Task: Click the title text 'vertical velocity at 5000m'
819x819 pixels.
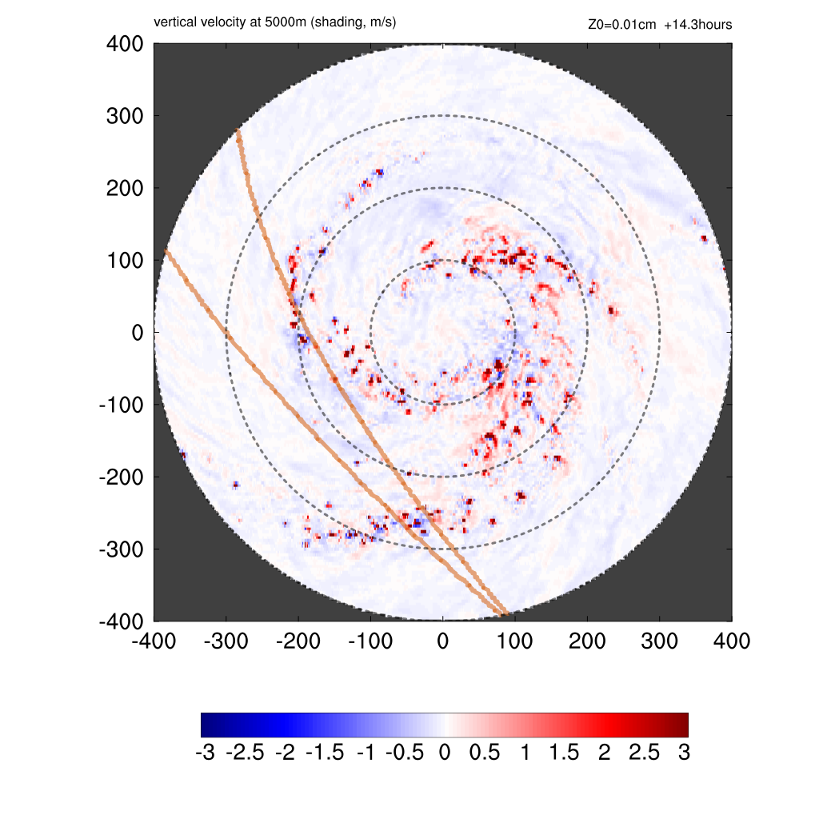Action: [x=232, y=23]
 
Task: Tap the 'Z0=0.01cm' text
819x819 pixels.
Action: [x=621, y=25]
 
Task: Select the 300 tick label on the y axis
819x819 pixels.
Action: [x=125, y=116]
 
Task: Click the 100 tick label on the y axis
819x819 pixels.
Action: [x=125, y=261]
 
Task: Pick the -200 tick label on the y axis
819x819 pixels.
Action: [x=121, y=477]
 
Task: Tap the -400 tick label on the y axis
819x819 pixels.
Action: [x=121, y=621]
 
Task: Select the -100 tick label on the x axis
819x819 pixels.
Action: [x=370, y=641]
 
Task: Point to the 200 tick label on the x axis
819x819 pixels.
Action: [x=588, y=641]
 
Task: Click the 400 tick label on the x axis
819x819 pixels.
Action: [x=732, y=641]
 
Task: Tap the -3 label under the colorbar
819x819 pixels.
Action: [x=206, y=753]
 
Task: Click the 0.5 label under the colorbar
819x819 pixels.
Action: [x=485, y=753]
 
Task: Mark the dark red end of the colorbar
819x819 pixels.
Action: [x=681, y=725]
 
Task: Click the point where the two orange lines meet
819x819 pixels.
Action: [x=504, y=614]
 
